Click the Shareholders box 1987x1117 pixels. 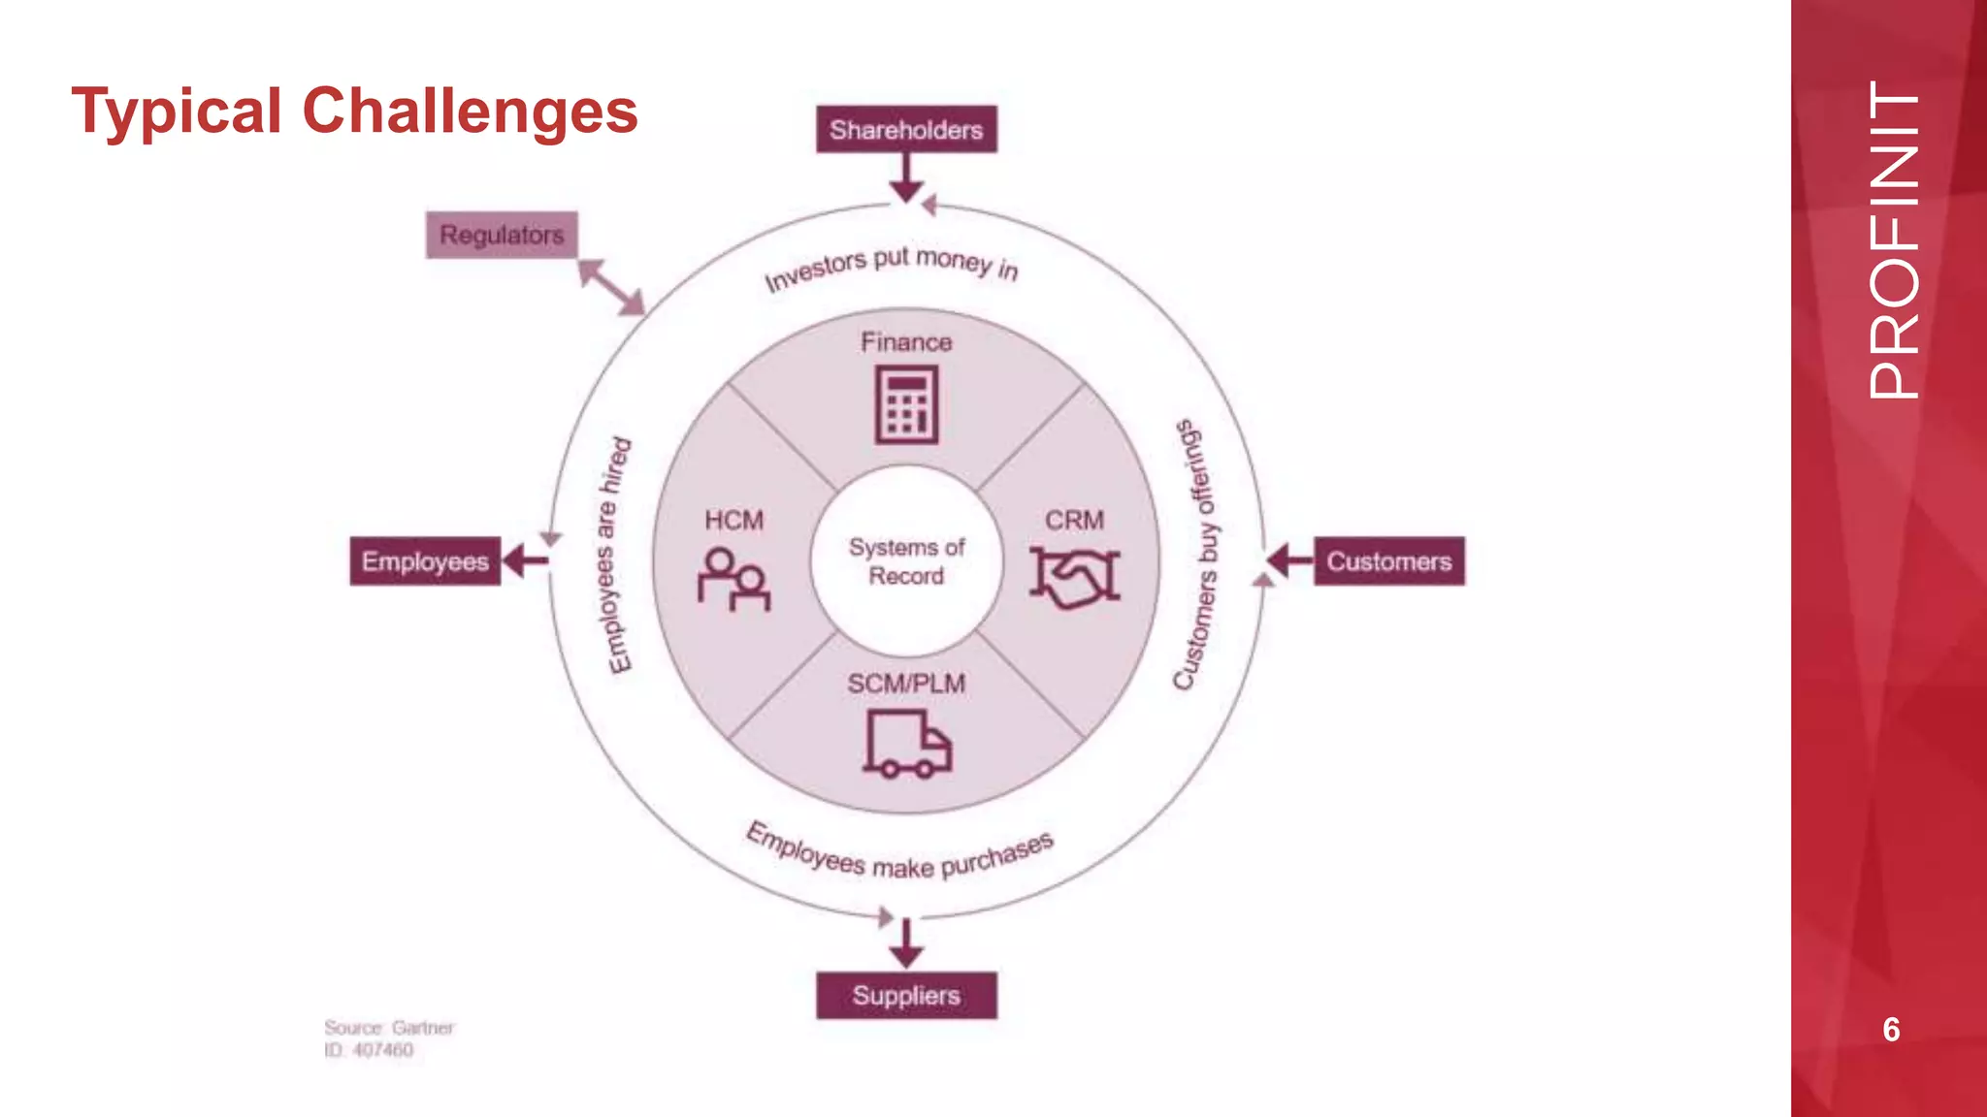point(906,129)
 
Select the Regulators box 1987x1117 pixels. point(502,235)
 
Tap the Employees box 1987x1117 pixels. point(425,561)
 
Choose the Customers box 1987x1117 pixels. point(1389,561)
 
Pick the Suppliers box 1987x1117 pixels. point(906,996)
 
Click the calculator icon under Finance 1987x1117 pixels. point(906,404)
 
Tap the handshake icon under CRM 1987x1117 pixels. point(1074,577)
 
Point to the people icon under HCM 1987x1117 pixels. point(733,579)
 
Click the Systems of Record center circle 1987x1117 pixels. point(906,561)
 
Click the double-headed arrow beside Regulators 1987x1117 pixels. point(611,287)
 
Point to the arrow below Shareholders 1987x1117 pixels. point(906,178)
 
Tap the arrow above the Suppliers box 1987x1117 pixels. point(906,943)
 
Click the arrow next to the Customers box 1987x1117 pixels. point(1289,560)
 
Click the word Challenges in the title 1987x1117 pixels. point(471,111)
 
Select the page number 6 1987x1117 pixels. point(1891,1030)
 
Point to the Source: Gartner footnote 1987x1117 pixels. point(388,1028)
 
